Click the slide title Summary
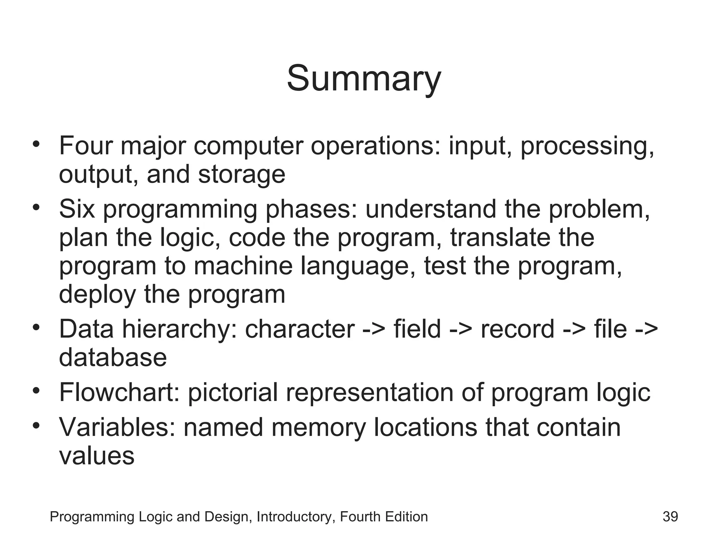tap(364, 79)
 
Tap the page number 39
tap(670, 516)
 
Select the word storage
tap(241, 174)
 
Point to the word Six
tap(77, 209)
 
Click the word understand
tap(430, 209)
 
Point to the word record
tap(517, 329)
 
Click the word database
tap(113, 357)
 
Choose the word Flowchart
tap(119, 392)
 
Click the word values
tap(97, 456)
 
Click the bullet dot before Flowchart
tap(36, 391)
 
